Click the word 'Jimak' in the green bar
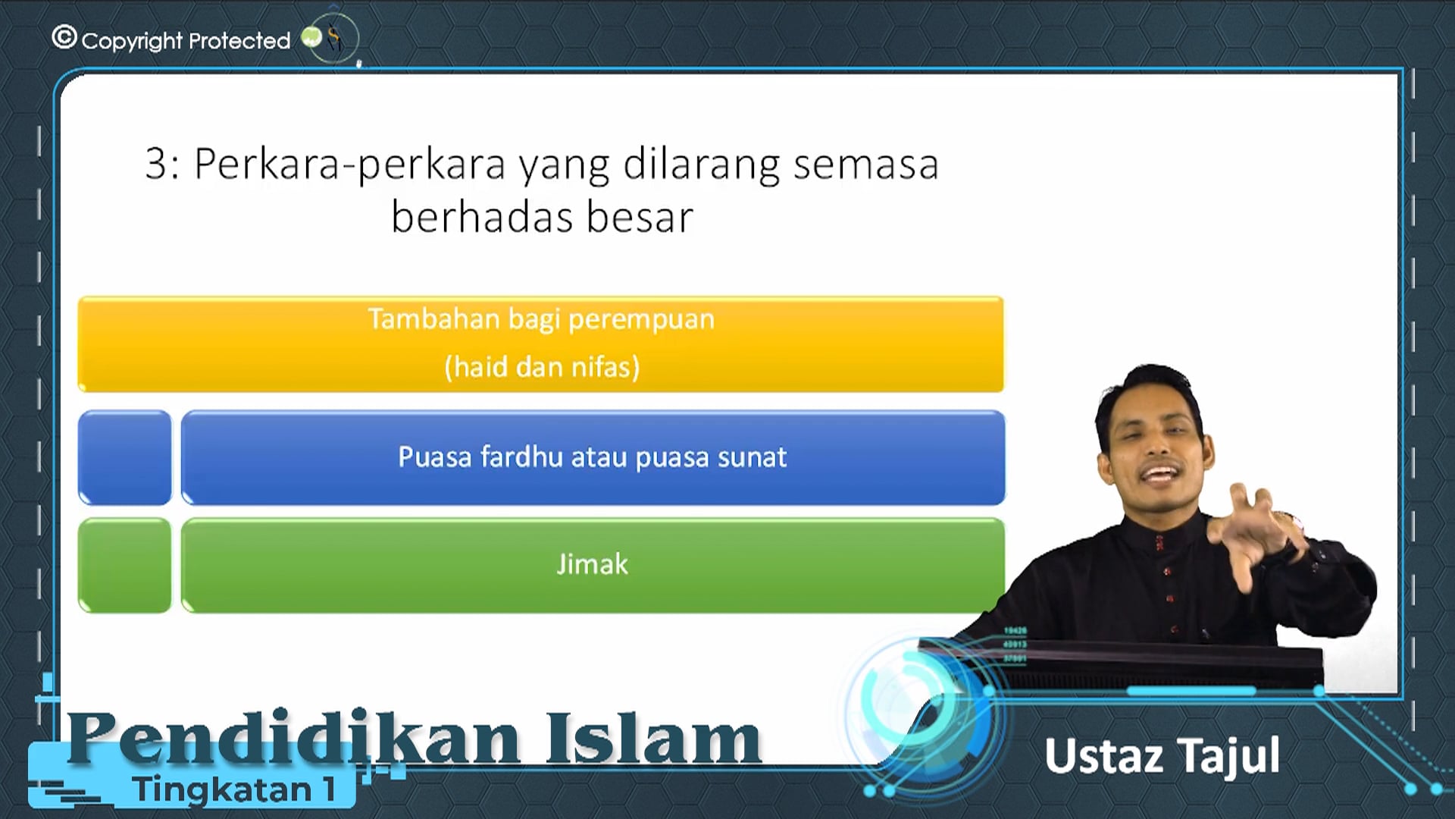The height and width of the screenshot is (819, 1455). click(x=592, y=565)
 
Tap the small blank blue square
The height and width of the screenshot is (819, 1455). click(x=125, y=458)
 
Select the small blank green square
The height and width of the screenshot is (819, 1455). click(x=125, y=566)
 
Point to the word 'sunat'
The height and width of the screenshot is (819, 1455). click(x=752, y=457)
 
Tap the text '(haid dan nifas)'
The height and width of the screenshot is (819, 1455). click(x=542, y=367)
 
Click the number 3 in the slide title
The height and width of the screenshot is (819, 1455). click(x=156, y=164)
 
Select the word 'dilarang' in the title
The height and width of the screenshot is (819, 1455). click(x=701, y=164)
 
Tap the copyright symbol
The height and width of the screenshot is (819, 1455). click(x=64, y=37)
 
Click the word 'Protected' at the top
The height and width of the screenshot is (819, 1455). click(x=239, y=41)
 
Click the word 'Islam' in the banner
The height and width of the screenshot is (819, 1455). click(x=653, y=738)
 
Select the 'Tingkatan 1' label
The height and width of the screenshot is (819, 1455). click(x=234, y=789)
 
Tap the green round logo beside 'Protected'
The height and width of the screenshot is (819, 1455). click(x=311, y=37)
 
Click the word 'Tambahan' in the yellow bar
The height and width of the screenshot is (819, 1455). click(x=434, y=319)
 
